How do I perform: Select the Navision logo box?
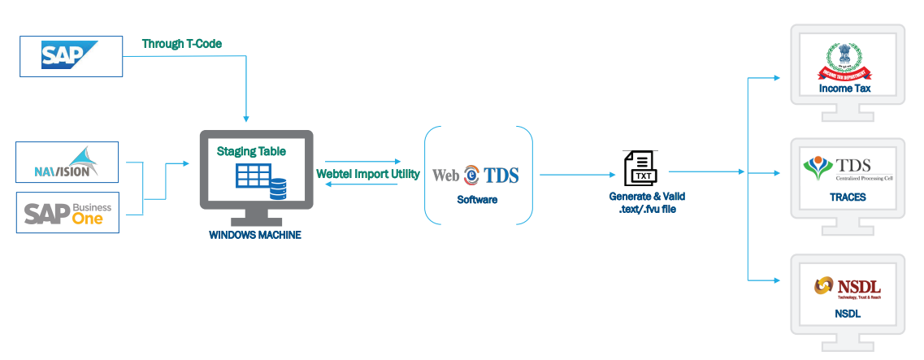point(67,162)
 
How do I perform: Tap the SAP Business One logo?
point(67,213)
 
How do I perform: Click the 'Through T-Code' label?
point(182,43)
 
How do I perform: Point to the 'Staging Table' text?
point(251,151)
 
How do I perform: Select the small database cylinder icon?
point(279,189)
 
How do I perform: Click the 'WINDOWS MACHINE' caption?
point(255,235)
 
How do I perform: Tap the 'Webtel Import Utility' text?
point(367,173)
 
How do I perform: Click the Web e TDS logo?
point(475,175)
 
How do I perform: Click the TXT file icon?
point(641,168)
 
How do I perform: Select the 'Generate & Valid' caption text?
point(642,197)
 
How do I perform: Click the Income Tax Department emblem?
point(845,61)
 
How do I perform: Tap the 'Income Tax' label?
point(844,88)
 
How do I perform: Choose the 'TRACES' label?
point(848,197)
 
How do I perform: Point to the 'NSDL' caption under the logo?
point(847,313)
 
